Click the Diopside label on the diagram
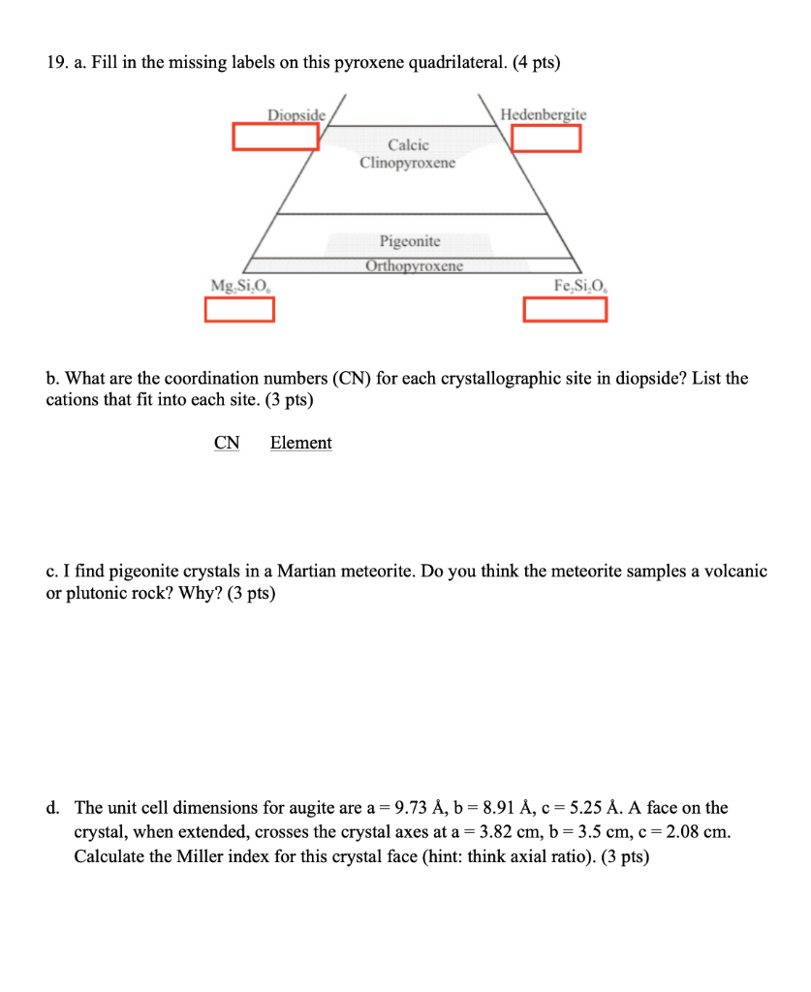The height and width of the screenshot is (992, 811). coord(296,115)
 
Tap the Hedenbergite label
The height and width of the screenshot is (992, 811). coord(544,115)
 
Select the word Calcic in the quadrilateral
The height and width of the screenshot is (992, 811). coord(408,145)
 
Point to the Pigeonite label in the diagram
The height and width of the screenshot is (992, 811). coord(410,240)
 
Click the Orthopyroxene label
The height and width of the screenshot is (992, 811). coord(415,266)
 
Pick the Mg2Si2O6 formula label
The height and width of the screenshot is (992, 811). coord(241,285)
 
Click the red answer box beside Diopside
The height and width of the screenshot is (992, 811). coord(275,137)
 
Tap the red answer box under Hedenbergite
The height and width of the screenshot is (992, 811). coord(546,139)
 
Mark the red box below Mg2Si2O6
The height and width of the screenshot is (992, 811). coord(239,309)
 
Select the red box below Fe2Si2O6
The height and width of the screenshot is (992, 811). coord(565,309)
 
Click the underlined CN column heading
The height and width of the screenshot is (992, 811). coord(227,443)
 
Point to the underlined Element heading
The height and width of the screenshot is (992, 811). coord(300,443)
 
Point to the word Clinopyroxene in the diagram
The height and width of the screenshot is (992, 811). coord(407,163)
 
